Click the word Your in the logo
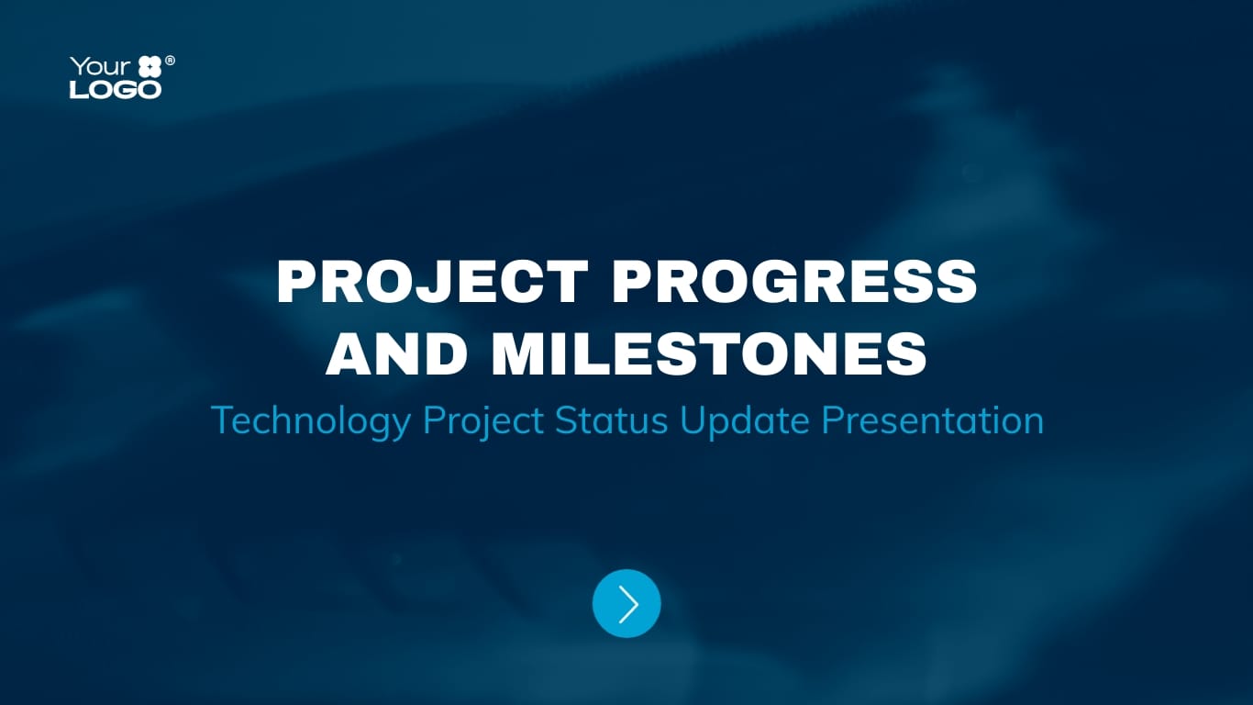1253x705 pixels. (100, 67)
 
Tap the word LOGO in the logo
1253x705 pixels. (116, 89)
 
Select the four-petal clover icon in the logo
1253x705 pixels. (150, 67)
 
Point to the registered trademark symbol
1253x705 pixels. (170, 61)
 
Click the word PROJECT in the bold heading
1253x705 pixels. (432, 282)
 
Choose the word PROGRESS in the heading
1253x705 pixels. (794, 282)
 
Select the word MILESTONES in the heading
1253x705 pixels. (709, 353)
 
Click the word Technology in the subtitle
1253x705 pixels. (310, 420)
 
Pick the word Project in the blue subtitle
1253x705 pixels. (482, 420)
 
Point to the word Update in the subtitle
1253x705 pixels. (744, 420)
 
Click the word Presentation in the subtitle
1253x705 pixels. (932, 420)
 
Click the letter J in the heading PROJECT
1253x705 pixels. (450, 282)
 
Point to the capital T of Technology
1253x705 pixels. (221, 420)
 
